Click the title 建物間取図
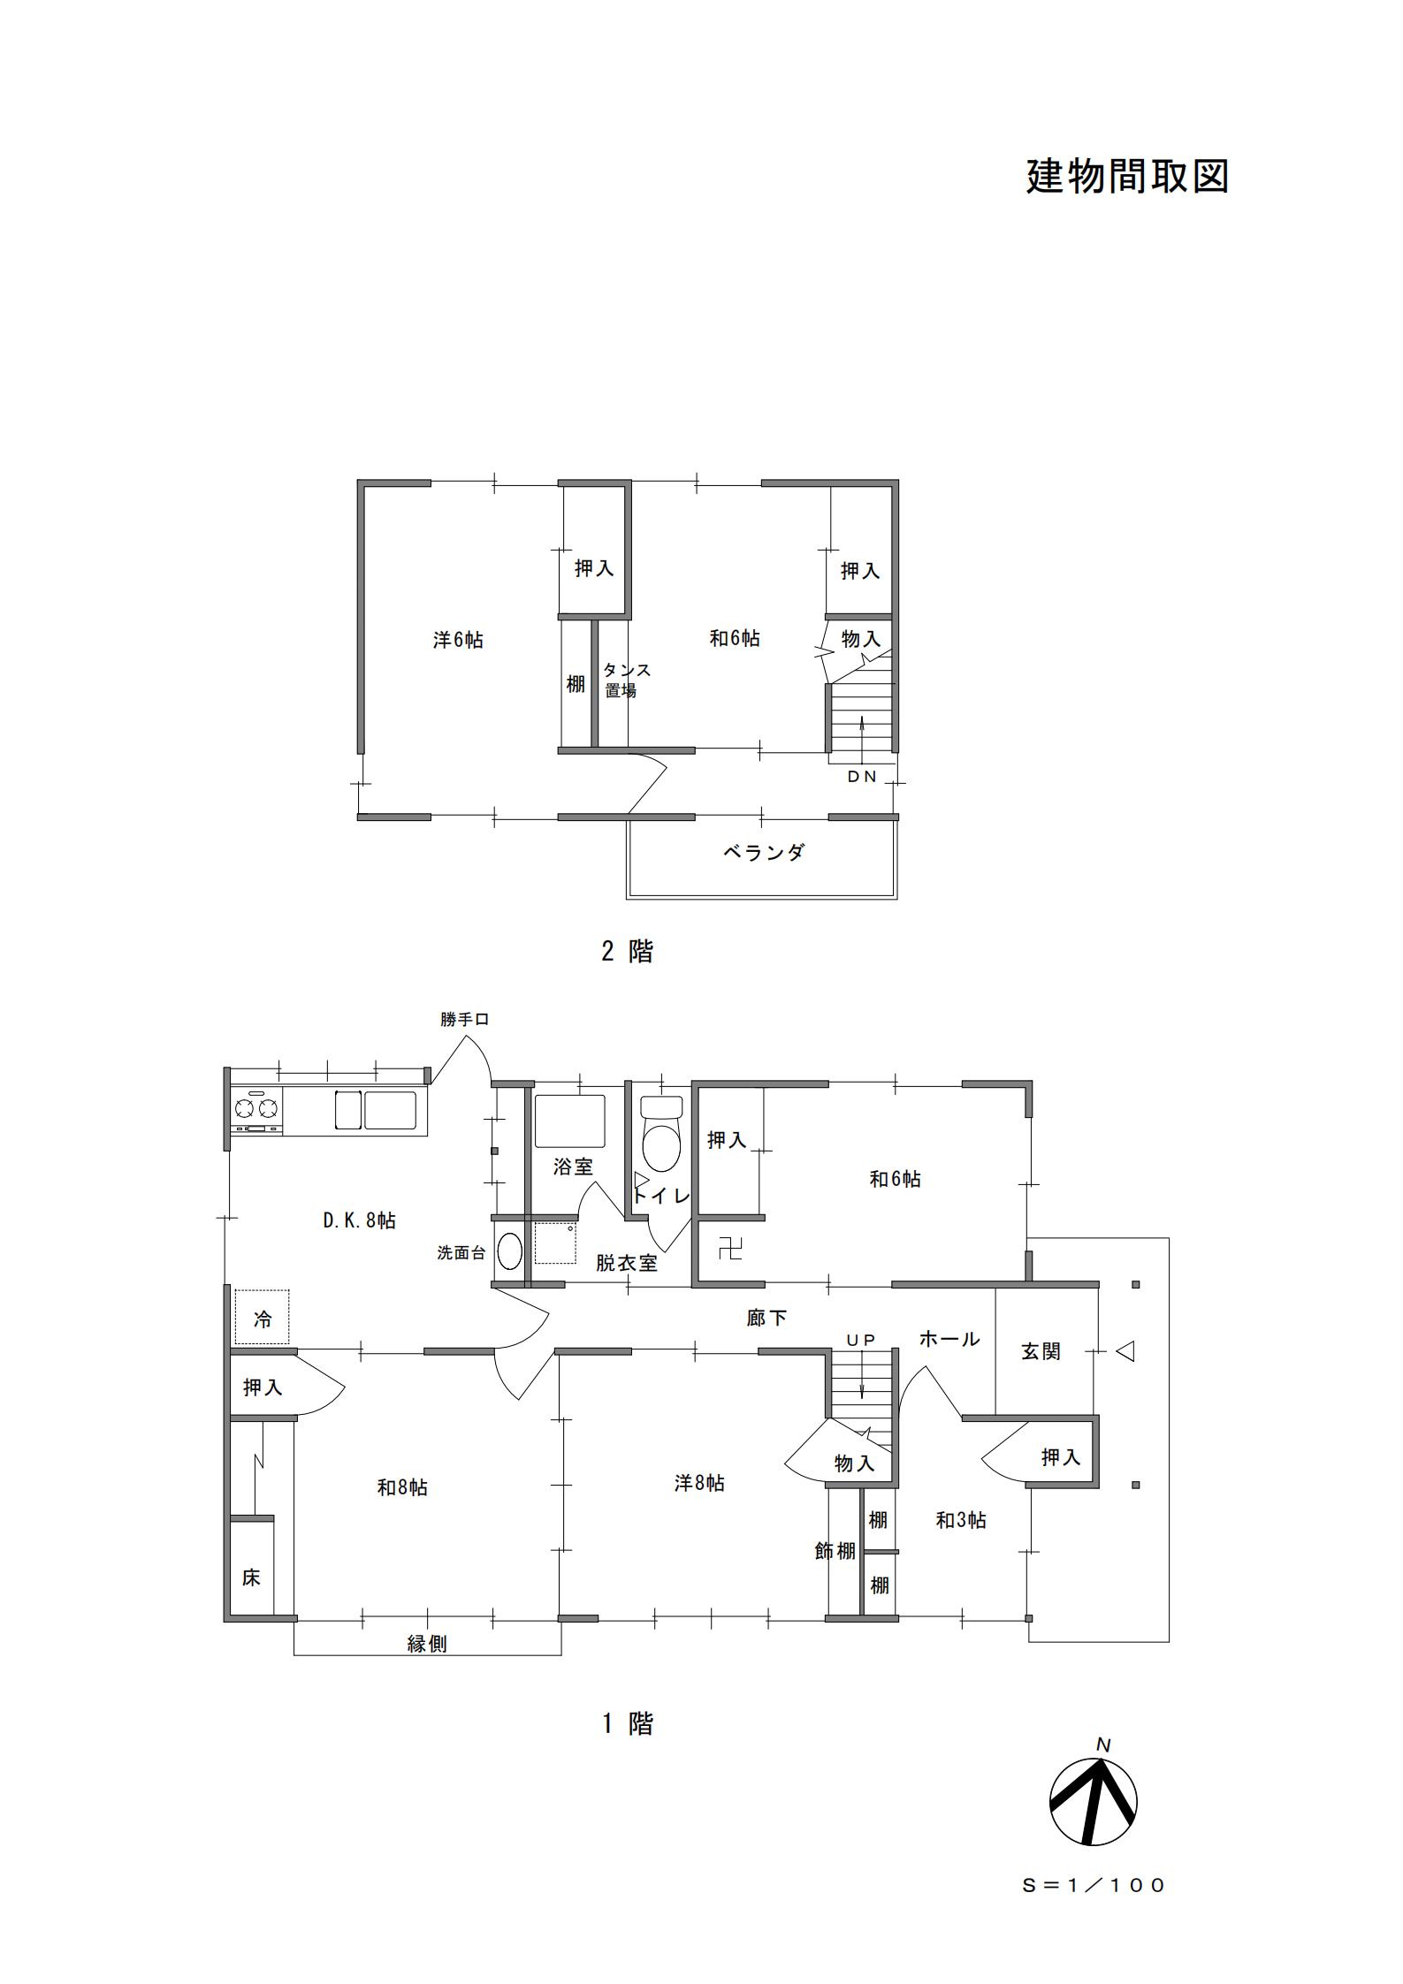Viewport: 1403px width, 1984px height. pyautogui.click(x=1127, y=176)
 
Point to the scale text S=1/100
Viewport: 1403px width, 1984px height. pyautogui.click(x=1094, y=1885)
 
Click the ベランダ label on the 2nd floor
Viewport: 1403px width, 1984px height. pyautogui.click(x=764, y=853)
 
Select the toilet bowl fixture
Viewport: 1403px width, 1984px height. pyautogui.click(x=661, y=1134)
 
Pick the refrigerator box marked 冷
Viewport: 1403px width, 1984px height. pyautogui.click(x=263, y=1318)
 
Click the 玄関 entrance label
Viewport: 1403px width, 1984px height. pyautogui.click(x=1041, y=1351)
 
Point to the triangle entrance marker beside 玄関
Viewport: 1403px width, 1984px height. pyautogui.click(x=1125, y=1351)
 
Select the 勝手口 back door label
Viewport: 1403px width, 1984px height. pyautogui.click(x=465, y=1019)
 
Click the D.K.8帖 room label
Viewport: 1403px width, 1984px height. pyautogui.click(x=359, y=1220)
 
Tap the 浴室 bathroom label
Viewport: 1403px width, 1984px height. pyautogui.click(x=573, y=1167)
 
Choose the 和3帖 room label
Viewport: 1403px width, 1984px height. pyautogui.click(x=961, y=1520)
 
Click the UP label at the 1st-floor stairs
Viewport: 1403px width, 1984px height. pyautogui.click(x=860, y=1341)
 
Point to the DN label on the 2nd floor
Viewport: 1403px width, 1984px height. pyautogui.click(x=862, y=777)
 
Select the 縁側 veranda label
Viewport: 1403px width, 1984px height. pyautogui.click(x=427, y=1644)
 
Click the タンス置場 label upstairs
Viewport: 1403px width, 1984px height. pyautogui.click(x=627, y=680)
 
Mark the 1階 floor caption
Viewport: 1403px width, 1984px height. pyautogui.click(x=628, y=1722)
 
